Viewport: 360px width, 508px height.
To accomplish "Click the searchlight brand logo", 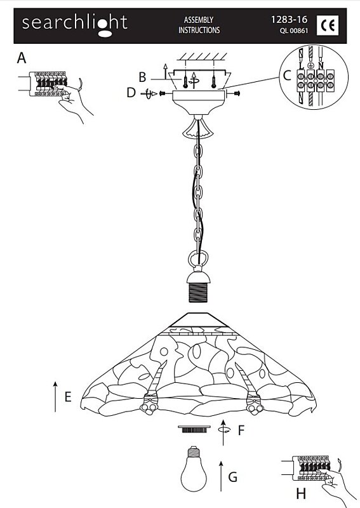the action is pyautogui.click(x=74, y=25).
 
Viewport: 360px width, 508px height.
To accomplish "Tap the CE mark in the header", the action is pyautogui.click(x=328, y=25).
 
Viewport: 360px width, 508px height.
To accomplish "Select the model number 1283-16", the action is pyautogui.click(x=289, y=20).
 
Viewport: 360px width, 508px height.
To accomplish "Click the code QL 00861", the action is pyautogui.click(x=294, y=31).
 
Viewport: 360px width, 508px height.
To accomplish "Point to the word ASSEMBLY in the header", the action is pyautogui.click(x=199, y=20).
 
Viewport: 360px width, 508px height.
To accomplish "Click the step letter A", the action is pyautogui.click(x=22, y=58).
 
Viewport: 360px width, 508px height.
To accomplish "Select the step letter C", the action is pyautogui.click(x=287, y=76).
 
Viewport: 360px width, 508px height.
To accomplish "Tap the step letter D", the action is pyautogui.click(x=131, y=93).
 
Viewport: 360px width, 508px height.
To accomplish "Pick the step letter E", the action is pyautogui.click(x=68, y=397).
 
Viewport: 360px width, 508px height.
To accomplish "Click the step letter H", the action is pyautogui.click(x=301, y=494).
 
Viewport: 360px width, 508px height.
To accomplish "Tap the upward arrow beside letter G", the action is pyautogui.click(x=221, y=476).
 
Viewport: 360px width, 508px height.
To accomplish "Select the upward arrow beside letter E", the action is pyautogui.click(x=55, y=397).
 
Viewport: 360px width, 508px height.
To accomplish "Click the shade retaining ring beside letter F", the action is pyautogui.click(x=194, y=429).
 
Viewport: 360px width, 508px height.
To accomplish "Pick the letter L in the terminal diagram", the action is pyautogui.click(x=302, y=66).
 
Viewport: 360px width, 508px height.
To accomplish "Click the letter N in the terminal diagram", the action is pyautogui.click(x=321, y=66).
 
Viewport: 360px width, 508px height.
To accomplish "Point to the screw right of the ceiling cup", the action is pyautogui.click(x=236, y=93).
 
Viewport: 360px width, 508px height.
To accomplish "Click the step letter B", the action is pyautogui.click(x=142, y=77).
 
